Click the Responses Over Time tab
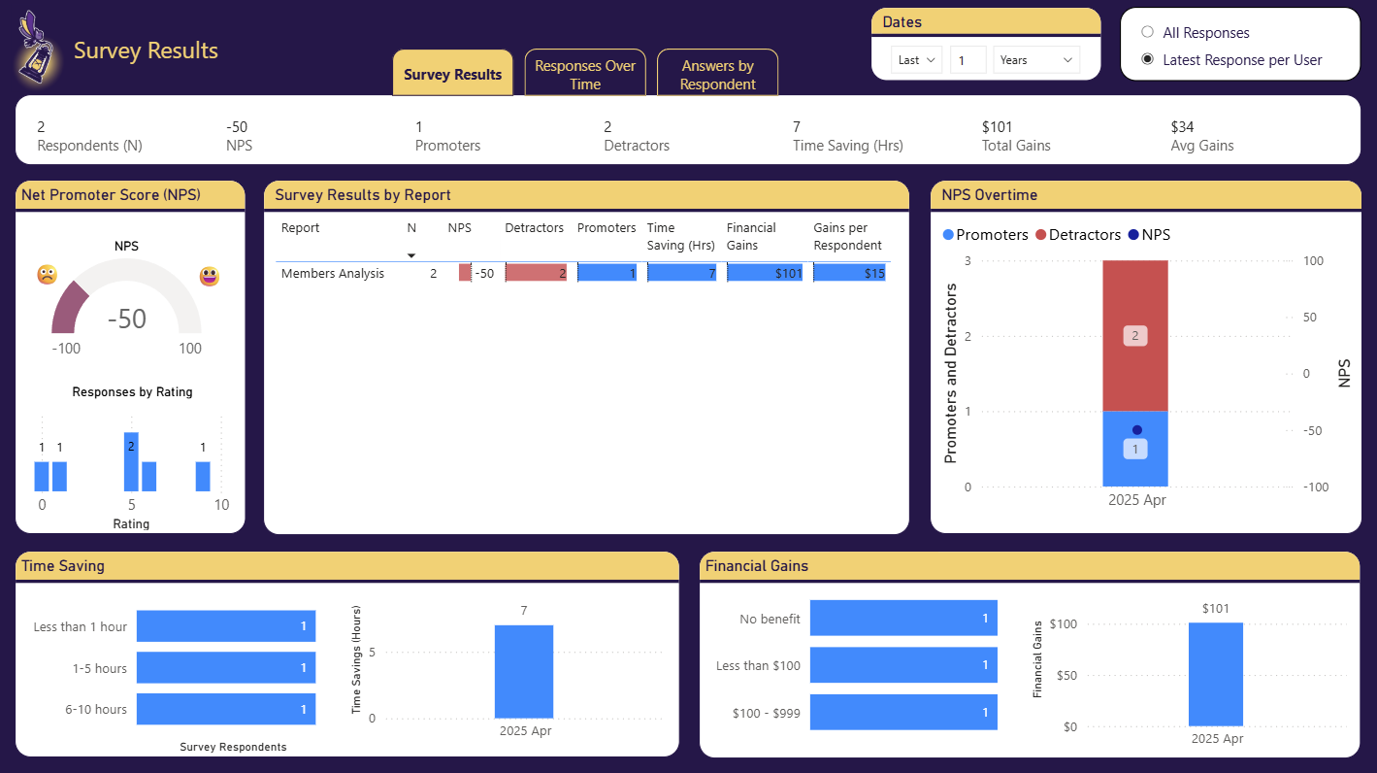click(x=585, y=75)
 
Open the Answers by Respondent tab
click(x=717, y=75)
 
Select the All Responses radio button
click(x=1148, y=32)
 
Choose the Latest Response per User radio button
click(x=1148, y=59)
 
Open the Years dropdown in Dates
click(x=1037, y=60)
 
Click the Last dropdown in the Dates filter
click(x=916, y=60)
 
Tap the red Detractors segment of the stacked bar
click(x=1134, y=335)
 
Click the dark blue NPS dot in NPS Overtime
click(x=1137, y=430)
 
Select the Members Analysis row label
click(x=332, y=274)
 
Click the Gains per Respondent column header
click(x=847, y=236)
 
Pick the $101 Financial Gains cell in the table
click(x=766, y=274)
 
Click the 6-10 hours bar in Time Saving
click(x=226, y=709)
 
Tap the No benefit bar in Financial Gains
click(x=903, y=619)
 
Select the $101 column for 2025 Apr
click(x=1215, y=674)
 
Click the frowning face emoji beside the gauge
click(x=47, y=275)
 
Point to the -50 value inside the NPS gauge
click(x=126, y=319)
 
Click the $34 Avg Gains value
click(x=1182, y=127)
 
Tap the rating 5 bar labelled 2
click(x=131, y=461)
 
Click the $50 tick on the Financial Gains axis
click(x=1064, y=675)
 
